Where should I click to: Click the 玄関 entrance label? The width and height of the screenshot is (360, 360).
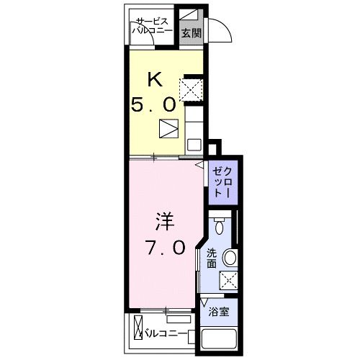pyautogui.click(x=191, y=33)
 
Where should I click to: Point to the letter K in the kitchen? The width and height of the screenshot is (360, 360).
pyautogui.click(x=154, y=79)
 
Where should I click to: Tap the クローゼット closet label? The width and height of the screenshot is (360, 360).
pyautogui.click(x=222, y=184)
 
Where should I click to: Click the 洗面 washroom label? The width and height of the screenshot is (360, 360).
pyautogui.click(x=212, y=258)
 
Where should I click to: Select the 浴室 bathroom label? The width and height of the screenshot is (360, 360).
pyautogui.click(x=218, y=312)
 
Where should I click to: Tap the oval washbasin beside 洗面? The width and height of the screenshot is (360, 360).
pyautogui.click(x=230, y=256)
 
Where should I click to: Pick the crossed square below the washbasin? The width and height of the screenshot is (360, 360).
pyautogui.click(x=229, y=280)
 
